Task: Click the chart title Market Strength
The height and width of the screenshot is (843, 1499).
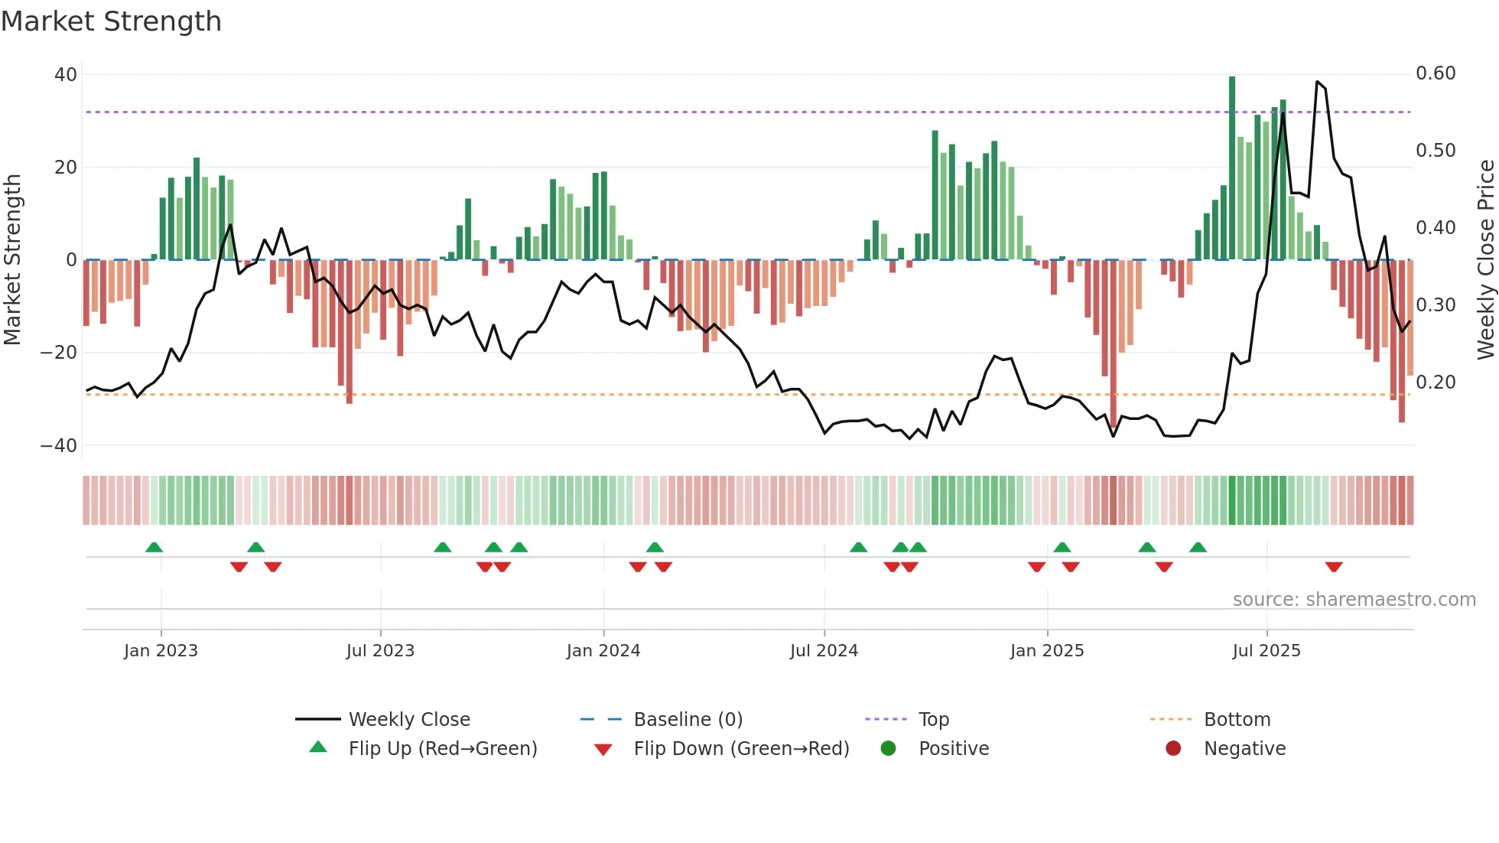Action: tap(111, 21)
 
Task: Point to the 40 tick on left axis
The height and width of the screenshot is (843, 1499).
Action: tap(66, 75)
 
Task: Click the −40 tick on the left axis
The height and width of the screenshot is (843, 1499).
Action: tap(59, 445)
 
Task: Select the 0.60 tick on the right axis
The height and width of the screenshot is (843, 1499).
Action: tap(1436, 73)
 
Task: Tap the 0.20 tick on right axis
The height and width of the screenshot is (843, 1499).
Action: tap(1436, 382)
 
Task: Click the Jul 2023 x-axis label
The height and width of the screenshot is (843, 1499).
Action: tap(380, 650)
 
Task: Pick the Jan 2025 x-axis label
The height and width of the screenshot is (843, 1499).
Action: tap(1047, 650)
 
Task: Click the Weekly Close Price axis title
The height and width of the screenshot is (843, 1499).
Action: tap(1485, 260)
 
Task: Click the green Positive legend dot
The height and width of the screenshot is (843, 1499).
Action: tap(888, 748)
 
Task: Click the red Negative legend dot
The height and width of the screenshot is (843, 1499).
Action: tap(1173, 748)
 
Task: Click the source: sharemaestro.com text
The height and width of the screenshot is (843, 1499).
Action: tap(1354, 599)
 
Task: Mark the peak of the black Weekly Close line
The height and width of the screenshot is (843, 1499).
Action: tap(1317, 81)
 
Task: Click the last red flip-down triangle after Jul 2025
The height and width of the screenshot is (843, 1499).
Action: tap(1334, 567)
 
